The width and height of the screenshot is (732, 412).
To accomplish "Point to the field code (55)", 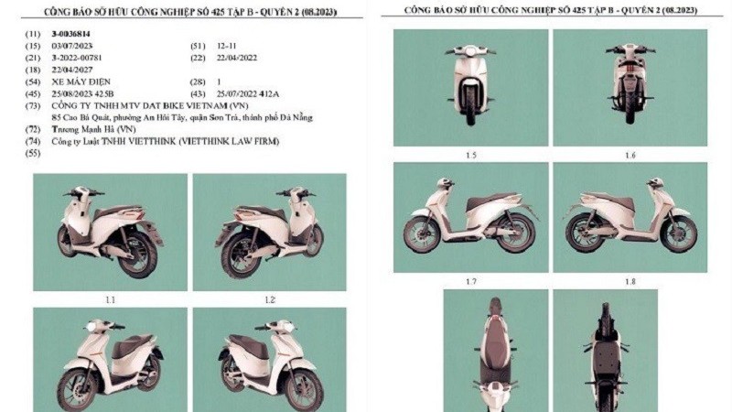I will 36,154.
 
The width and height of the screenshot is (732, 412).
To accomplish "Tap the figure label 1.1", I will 110,299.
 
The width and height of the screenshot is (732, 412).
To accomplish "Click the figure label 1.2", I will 270,299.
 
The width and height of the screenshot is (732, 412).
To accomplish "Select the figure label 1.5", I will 470,155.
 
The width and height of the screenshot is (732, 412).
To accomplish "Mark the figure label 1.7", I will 470,281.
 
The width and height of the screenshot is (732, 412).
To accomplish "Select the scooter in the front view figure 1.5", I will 470,87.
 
